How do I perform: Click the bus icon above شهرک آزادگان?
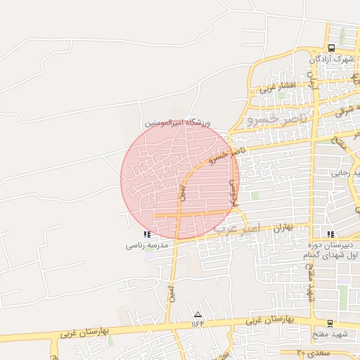[x=331, y=48]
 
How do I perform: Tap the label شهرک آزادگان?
[x=331, y=59]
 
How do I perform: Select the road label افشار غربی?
[x=276, y=87]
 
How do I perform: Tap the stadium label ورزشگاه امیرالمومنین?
[x=178, y=123]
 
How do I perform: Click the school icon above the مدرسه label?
[x=147, y=234]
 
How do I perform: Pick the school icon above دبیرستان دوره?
[x=330, y=234]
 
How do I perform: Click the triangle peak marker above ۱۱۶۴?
[x=198, y=314]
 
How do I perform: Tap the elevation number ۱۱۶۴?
[x=198, y=324]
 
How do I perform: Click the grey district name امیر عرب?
[x=237, y=229]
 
